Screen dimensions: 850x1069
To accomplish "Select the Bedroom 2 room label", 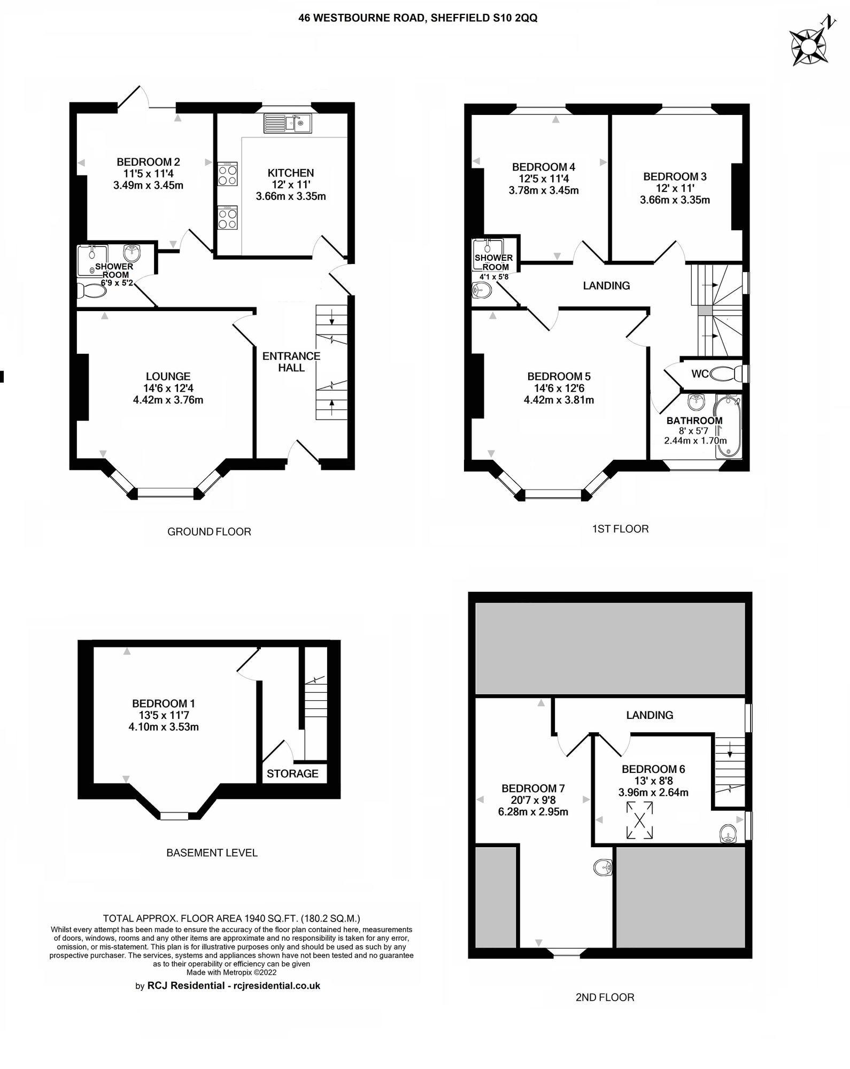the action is pos(148,162).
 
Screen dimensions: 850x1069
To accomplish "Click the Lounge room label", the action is pos(168,376).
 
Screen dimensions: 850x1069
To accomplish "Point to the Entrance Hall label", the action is pos(291,362).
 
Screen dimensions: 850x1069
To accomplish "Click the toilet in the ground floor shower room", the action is pos(91,292).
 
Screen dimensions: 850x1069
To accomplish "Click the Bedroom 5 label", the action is pos(559,376).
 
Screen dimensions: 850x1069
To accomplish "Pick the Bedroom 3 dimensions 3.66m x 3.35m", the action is pos(675,200).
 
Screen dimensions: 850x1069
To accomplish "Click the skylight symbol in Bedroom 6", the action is pos(639,820).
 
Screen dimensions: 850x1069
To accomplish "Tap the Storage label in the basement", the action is pos(292,773).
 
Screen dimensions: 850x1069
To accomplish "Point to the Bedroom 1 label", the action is pos(160,703).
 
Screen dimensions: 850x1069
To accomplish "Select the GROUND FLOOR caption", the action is pos(209,532).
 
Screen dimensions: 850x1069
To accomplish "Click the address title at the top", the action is pos(418,18).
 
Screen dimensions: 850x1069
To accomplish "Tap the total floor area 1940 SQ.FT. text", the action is pos(231,919).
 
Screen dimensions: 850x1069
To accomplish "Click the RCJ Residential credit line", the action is pos(228,986).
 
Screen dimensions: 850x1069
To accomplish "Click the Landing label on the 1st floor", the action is pos(606,285).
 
